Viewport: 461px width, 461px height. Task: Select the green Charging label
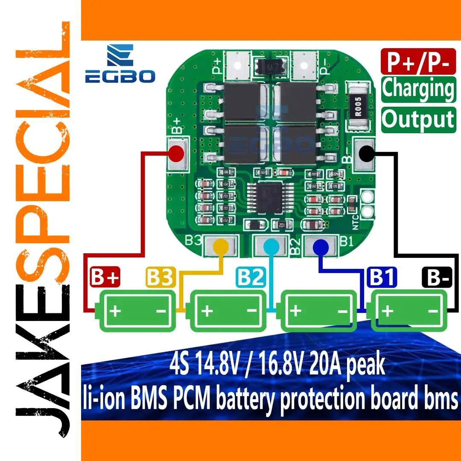418,89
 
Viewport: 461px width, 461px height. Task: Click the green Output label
418,119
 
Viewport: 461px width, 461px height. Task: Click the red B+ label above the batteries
105,278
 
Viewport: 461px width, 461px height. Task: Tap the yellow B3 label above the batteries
160,278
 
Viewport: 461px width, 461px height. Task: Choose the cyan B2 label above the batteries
251,278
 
